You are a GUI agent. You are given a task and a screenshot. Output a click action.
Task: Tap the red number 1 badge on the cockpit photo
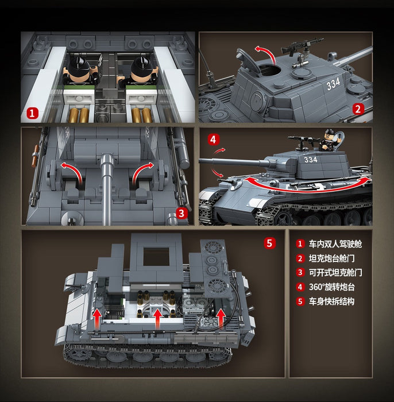click(x=33, y=114)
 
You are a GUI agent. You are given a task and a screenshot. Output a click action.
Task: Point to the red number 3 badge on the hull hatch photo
click(x=180, y=213)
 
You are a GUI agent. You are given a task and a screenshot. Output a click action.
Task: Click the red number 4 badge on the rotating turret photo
click(x=213, y=140)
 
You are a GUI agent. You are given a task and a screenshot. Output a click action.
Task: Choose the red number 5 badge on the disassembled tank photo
click(x=270, y=242)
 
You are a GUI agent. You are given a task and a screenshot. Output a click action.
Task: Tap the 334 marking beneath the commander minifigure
click(x=311, y=160)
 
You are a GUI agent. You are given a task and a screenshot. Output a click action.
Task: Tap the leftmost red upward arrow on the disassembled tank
click(x=98, y=316)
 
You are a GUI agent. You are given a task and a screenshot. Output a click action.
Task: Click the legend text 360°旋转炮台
click(x=332, y=287)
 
